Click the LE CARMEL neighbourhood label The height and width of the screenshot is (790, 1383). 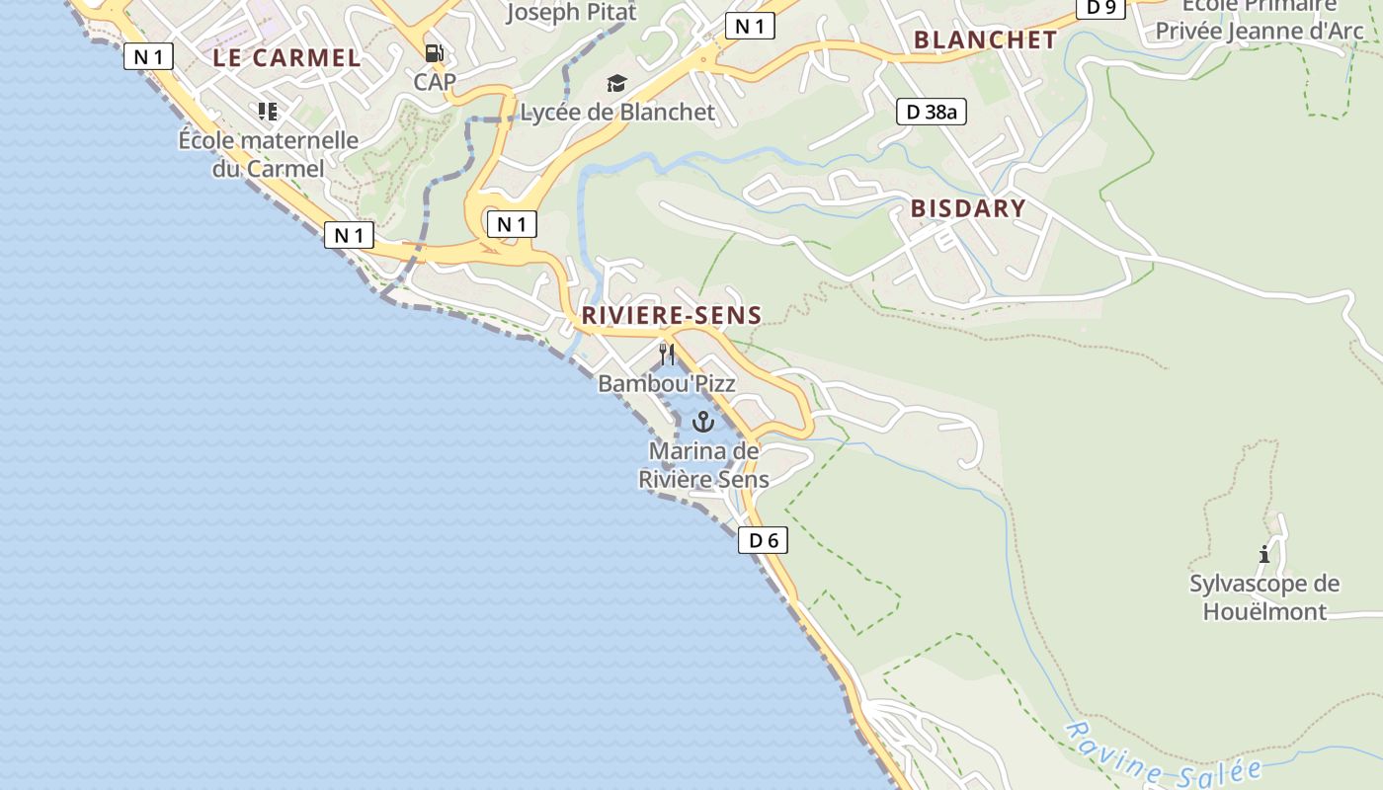(286, 57)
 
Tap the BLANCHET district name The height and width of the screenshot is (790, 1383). (985, 39)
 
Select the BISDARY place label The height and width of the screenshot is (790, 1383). (968, 208)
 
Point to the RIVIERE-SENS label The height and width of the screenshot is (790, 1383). (671, 316)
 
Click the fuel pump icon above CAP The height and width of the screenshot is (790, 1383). (434, 53)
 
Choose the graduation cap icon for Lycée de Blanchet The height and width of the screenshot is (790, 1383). (616, 83)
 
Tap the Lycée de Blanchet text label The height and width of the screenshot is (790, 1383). (616, 113)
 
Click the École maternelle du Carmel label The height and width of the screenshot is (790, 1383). (268, 154)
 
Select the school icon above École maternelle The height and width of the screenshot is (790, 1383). (268, 111)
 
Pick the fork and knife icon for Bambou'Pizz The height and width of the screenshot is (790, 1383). (667, 354)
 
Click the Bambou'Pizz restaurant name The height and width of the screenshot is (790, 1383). (667, 383)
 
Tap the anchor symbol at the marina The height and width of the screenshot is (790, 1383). (702, 423)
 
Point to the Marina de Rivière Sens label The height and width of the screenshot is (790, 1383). (703, 465)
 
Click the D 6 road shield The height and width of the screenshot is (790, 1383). (764, 540)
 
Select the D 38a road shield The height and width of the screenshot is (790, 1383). (931, 112)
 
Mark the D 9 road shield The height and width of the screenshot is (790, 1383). (1100, 8)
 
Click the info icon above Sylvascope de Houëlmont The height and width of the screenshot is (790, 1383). (1264, 554)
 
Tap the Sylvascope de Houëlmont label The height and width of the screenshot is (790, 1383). (1264, 597)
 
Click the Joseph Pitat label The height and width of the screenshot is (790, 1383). (571, 13)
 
